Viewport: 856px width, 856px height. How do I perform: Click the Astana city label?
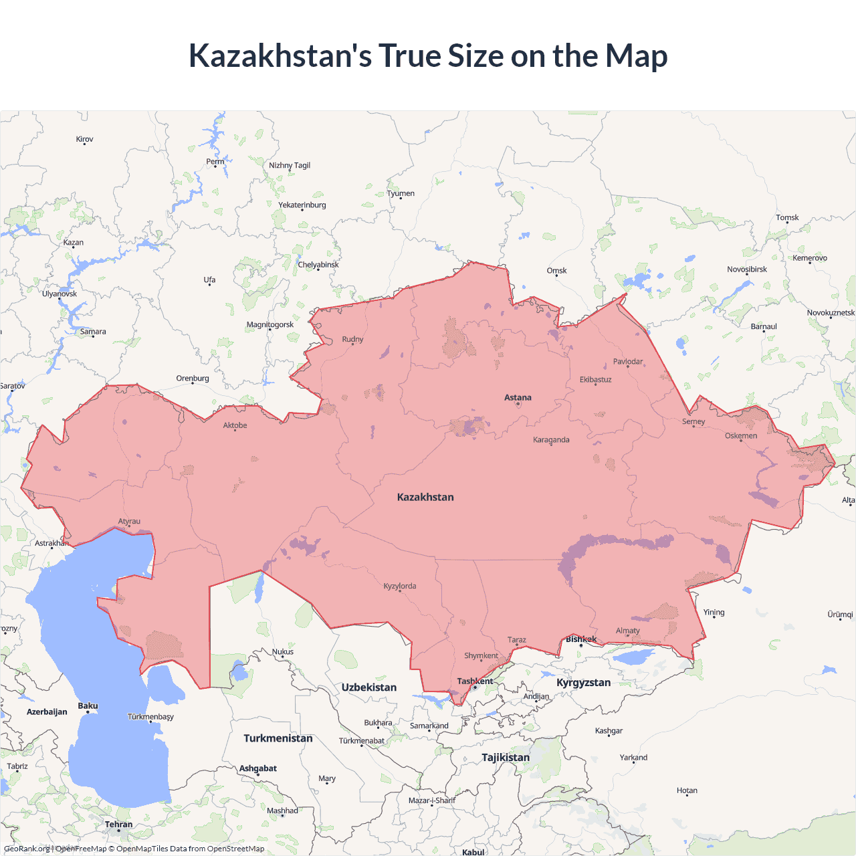point(518,397)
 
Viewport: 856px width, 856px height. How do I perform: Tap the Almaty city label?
point(627,631)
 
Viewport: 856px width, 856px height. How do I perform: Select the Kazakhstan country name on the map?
point(425,497)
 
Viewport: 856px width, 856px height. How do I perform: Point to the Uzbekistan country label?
point(368,687)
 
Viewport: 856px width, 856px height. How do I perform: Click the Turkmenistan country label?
point(278,738)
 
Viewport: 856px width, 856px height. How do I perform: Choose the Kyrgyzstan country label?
point(583,682)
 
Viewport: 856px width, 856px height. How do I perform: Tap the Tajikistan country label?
point(505,757)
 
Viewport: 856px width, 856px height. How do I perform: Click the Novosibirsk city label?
point(747,270)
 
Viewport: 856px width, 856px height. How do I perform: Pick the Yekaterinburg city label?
point(302,205)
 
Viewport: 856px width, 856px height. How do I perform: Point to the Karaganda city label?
point(551,440)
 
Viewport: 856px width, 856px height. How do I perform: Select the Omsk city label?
point(556,271)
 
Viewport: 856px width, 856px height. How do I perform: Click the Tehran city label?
point(118,825)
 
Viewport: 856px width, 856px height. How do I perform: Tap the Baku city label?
point(88,706)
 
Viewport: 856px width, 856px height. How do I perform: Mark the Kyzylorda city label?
point(400,586)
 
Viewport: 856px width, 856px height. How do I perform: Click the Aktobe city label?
point(235,425)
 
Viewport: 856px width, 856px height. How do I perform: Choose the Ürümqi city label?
point(840,615)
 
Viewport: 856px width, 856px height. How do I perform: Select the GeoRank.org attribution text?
point(27,849)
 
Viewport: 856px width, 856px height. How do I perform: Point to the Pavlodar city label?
point(627,362)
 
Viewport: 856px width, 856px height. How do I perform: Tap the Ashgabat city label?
point(257,768)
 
